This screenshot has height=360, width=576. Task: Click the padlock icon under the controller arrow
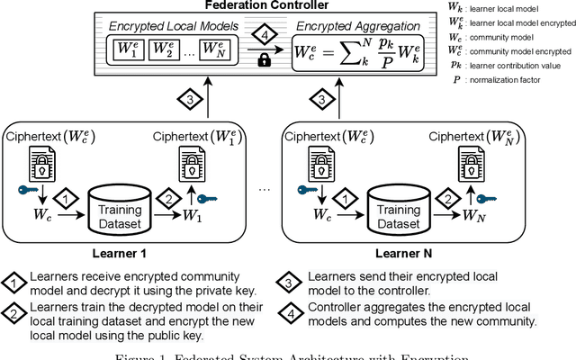pyautogui.click(x=264, y=60)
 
